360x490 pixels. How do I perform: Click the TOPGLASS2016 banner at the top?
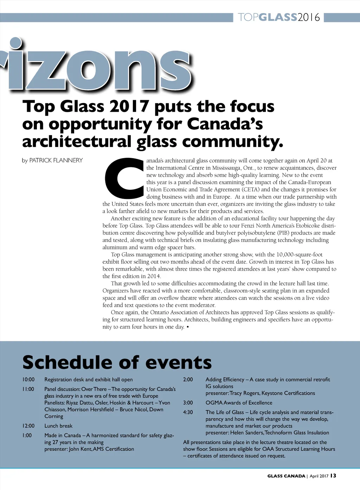(x=279, y=17)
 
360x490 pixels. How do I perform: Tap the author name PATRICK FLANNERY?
(x=56, y=160)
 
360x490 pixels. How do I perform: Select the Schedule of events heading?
(x=117, y=362)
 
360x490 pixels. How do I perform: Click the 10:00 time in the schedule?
(x=28, y=380)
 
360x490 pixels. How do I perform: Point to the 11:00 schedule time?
(x=28, y=389)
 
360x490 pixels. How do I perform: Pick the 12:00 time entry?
(x=28, y=426)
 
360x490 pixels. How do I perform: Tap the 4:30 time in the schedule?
(x=188, y=412)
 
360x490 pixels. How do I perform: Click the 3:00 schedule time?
(x=188, y=403)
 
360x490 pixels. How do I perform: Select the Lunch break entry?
(x=58, y=426)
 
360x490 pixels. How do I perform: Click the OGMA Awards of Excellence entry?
(x=239, y=403)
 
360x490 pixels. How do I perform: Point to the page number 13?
(x=333, y=476)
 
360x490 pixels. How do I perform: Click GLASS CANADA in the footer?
(x=286, y=476)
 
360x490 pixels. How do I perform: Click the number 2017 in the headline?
(x=129, y=107)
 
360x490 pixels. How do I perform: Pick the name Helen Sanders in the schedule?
(x=246, y=433)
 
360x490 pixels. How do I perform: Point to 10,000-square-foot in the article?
(x=299, y=254)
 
